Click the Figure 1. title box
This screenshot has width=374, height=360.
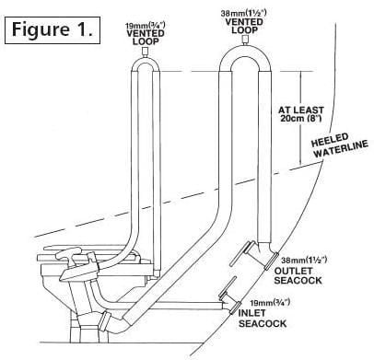pyautogui.click(x=53, y=30)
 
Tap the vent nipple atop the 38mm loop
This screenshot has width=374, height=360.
pyautogui.click(x=244, y=40)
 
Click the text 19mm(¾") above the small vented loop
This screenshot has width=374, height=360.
pyautogui.click(x=146, y=25)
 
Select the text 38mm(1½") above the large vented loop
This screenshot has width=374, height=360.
pyautogui.click(x=244, y=14)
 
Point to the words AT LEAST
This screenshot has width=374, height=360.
pyautogui.click(x=301, y=110)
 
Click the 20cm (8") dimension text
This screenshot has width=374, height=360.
pyautogui.click(x=301, y=119)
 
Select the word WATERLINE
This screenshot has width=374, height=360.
pyautogui.click(x=341, y=149)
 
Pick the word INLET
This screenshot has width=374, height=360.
pyautogui.click(x=251, y=313)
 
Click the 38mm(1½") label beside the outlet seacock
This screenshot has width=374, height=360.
pyautogui.click(x=304, y=261)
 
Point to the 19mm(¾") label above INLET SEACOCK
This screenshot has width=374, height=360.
pyautogui.click(x=270, y=303)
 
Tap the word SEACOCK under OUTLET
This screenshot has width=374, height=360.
pyautogui.click(x=298, y=281)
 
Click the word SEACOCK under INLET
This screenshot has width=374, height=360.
pyautogui.click(x=263, y=323)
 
